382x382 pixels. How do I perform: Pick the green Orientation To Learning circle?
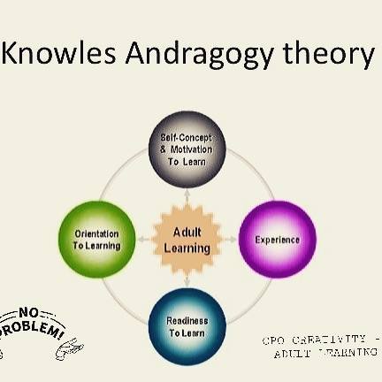97,239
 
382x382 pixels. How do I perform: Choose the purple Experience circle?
277,239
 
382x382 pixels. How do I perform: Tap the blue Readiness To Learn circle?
187,326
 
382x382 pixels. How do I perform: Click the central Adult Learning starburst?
187,239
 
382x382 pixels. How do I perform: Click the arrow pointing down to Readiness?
187,281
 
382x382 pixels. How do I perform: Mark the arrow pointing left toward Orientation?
144,239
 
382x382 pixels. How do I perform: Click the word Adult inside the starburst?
187,232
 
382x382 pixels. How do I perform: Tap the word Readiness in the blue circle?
187,320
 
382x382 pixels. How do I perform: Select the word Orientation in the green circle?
96,233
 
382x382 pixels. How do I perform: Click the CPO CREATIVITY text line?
318,340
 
